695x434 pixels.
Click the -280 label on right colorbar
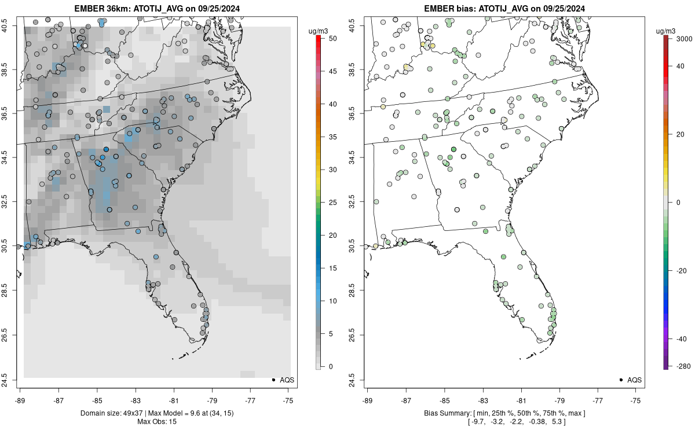pyautogui.click(x=682, y=366)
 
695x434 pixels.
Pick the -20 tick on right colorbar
pyautogui.click(x=682, y=270)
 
